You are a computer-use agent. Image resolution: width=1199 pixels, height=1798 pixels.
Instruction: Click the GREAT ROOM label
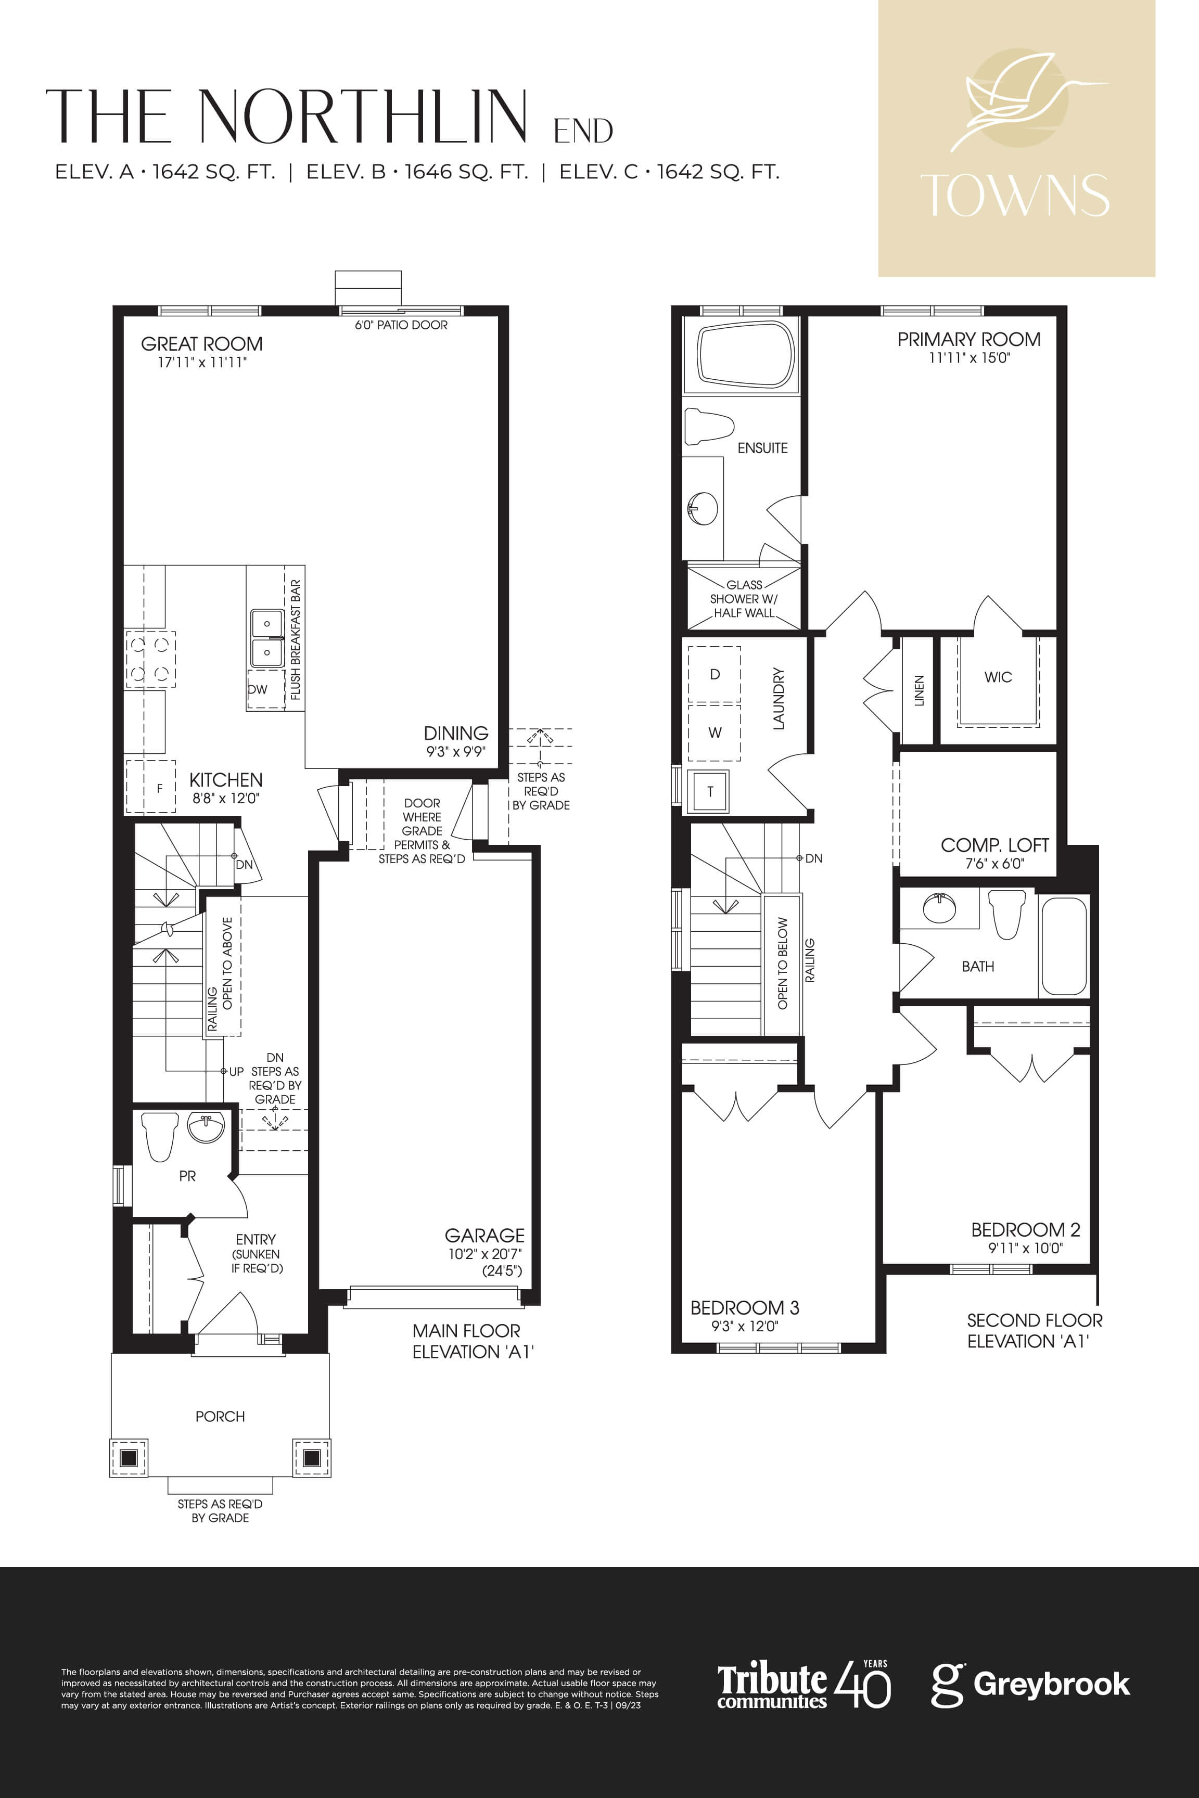point(202,344)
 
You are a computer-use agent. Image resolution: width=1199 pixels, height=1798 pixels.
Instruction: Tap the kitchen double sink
point(267,637)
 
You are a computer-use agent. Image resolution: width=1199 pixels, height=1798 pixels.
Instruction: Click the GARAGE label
point(485,1236)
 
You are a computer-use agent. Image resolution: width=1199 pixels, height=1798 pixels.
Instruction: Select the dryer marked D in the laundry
point(714,674)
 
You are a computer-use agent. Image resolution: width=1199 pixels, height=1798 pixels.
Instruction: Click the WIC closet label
point(998,676)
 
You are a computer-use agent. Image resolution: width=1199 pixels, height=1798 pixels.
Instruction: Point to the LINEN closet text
point(919,690)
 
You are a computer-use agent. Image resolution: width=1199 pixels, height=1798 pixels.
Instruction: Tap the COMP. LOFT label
point(994,845)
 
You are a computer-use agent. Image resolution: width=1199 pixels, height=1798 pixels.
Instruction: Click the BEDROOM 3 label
point(744,1307)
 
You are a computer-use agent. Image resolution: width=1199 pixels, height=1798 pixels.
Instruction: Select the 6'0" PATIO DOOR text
point(401,325)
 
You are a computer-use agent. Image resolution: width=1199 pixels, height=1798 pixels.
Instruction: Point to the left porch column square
point(129,1457)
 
